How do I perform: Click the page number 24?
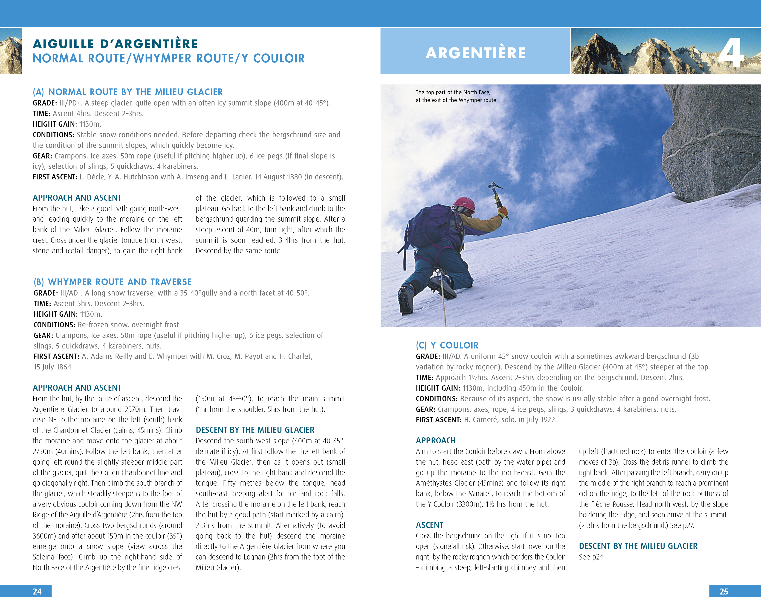pyautogui.click(x=37, y=592)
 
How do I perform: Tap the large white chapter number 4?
pyautogui.click(x=731, y=53)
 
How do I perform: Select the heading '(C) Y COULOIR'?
pyautogui.click(x=447, y=345)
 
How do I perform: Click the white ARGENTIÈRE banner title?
pyautogui.click(x=475, y=53)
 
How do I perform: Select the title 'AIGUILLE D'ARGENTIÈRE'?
pyautogui.click(x=116, y=44)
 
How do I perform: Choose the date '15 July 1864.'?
pyautogui.click(x=53, y=367)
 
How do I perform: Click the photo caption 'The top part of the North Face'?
pyautogui.click(x=453, y=92)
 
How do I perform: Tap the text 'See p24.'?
pyautogui.click(x=592, y=557)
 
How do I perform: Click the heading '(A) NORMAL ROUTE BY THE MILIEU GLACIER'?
pyautogui.click(x=128, y=92)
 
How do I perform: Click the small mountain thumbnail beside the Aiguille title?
pyautogui.click(x=11, y=51)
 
